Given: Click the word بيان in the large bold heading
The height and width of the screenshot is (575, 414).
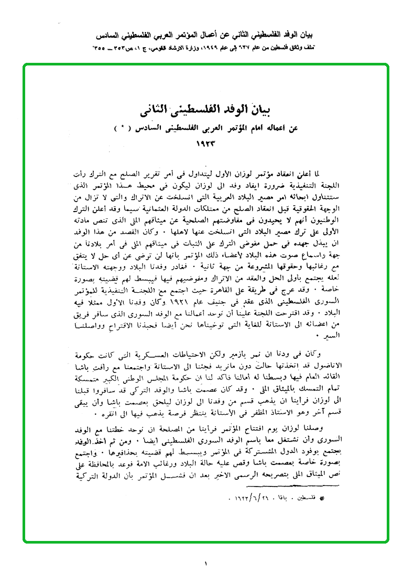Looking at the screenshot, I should click(274, 111).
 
